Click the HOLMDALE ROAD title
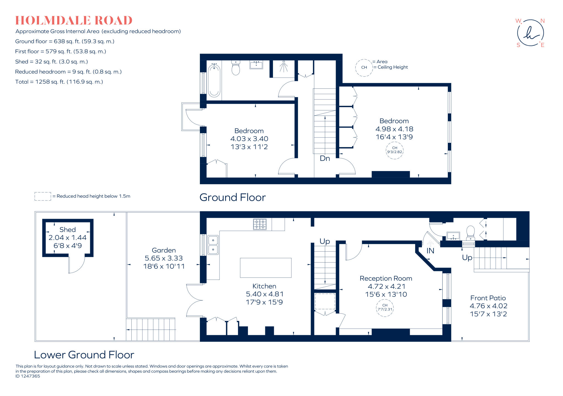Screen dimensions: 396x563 pyautogui.click(x=74, y=21)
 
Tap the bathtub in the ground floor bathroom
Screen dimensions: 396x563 pyautogui.click(x=214, y=80)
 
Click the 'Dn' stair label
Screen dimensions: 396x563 pyautogui.click(x=325, y=158)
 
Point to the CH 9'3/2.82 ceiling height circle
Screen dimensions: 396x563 pyautogui.click(x=394, y=150)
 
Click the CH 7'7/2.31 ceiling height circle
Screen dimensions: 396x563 pyautogui.click(x=385, y=308)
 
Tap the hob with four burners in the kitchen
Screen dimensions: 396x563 pyautogui.click(x=260, y=224)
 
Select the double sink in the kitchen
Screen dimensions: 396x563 pyautogui.click(x=213, y=245)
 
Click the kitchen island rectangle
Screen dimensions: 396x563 pyautogui.click(x=266, y=268)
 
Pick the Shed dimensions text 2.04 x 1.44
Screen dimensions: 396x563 pyautogui.click(x=67, y=238)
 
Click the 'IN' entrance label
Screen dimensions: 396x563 pyautogui.click(x=430, y=251)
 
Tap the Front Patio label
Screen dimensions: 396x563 pyautogui.click(x=488, y=298)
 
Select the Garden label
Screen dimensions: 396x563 pyautogui.click(x=164, y=250)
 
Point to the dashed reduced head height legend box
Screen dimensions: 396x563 pyautogui.click(x=43, y=196)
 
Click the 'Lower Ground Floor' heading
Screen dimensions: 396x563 pyautogui.click(x=84, y=355)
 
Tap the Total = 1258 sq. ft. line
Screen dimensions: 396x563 pyautogui.click(x=59, y=82)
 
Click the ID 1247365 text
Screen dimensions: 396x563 pyautogui.click(x=28, y=376)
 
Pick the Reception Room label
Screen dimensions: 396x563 pyautogui.click(x=386, y=278)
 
